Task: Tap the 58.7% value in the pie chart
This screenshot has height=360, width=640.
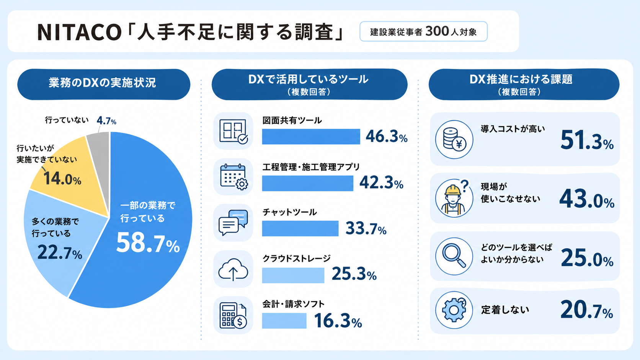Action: click(x=148, y=243)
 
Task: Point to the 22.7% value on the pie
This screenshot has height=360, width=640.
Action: click(x=60, y=253)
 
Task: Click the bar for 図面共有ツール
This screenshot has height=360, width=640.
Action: click(x=311, y=137)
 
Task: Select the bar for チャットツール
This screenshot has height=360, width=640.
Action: click(x=300, y=228)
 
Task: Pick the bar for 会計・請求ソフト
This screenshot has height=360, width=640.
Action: click(x=284, y=321)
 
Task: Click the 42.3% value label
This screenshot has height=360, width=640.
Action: click(x=381, y=183)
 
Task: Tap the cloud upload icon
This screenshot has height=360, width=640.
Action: click(x=233, y=269)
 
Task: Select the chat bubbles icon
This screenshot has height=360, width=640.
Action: click(x=233, y=223)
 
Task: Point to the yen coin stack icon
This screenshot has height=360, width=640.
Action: click(x=454, y=139)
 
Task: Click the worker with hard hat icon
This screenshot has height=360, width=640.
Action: click(x=454, y=198)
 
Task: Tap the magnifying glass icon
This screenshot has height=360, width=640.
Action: click(x=454, y=256)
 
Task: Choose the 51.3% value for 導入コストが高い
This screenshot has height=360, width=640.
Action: click(x=587, y=140)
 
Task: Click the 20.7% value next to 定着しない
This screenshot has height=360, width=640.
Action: click(x=587, y=310)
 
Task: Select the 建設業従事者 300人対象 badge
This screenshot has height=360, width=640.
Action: click(x=423, y=31)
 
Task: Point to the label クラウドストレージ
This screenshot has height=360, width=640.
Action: click(x=296, y=258)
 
